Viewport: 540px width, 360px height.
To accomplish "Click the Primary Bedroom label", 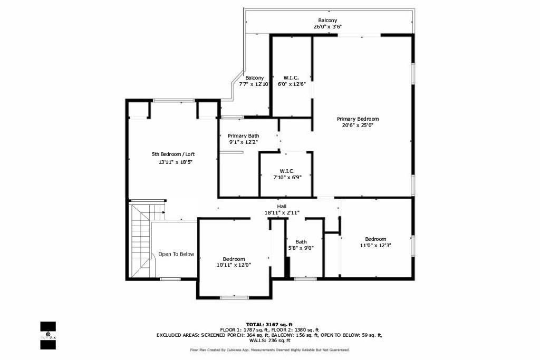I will click(x=358, y=119).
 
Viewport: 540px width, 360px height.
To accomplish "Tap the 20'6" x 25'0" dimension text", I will click(x=358, y=125).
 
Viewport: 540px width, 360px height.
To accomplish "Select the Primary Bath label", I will click(x=243, y=135).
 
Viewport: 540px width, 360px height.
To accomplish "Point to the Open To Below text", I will click(x=176, y=254).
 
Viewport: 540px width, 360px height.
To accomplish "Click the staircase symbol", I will click(x=141, y=240).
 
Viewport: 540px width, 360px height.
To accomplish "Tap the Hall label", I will click(x=282, y=206).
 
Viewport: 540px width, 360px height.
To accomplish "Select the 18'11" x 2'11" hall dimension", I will click(x=282, y=212).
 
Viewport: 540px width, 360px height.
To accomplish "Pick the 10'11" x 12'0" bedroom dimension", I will click(x=234, y=265).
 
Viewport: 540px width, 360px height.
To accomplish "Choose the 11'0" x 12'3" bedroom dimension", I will click(x=375, y=245).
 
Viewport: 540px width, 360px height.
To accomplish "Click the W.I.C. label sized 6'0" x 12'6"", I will click(x=291, y=77).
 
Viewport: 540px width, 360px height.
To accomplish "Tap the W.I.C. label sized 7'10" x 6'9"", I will click(x=287, y=171).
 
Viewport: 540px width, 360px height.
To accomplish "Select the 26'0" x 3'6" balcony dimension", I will click(x=327, y=26).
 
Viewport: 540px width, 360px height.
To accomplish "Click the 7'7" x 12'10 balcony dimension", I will click(x=254, y=84).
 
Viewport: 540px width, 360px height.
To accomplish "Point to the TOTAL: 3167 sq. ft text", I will click(x=269, y=324).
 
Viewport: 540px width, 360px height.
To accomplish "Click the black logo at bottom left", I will click(x=48, y=335).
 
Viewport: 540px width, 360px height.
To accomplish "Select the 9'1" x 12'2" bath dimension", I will click(x=243, y=142).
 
